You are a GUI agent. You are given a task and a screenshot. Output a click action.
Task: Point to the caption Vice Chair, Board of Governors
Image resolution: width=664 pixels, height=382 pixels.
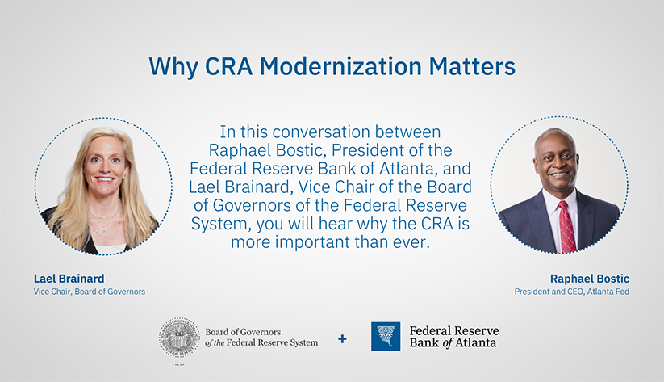pos(90,292)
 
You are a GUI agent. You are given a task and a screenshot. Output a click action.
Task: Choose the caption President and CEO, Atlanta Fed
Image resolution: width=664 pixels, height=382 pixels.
pos(571,292)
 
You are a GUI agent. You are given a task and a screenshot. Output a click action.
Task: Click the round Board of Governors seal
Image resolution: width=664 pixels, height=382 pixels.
pos(179,338)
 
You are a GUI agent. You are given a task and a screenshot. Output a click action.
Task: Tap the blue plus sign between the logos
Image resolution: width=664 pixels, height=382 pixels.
pos(342,338)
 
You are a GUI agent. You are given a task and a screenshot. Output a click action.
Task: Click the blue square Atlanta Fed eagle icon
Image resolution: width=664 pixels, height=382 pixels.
pos(385,337)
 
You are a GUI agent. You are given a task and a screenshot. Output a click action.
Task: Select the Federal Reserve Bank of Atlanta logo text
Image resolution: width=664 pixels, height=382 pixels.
pos(453,337)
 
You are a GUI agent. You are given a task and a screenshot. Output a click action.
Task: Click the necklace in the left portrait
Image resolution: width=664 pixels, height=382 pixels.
pos(104,218)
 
